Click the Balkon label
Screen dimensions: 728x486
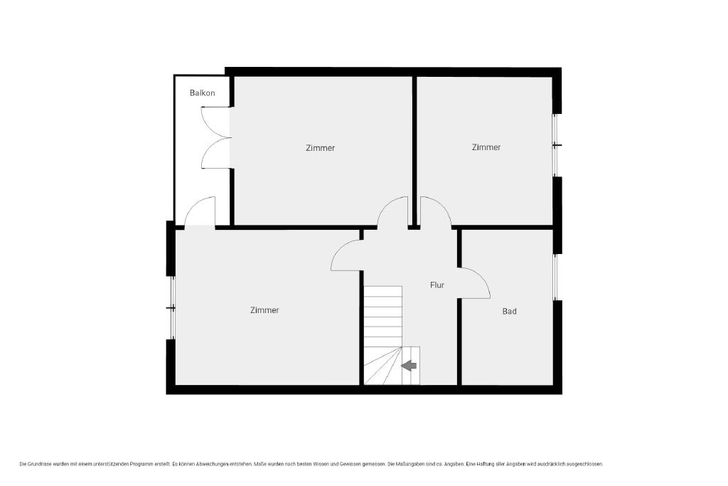click(x=203, y=93)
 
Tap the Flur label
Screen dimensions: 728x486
click(x=437, y=285)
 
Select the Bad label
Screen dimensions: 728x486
click(x=509, y=311)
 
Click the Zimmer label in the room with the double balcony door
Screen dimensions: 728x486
click(x=321, y=148)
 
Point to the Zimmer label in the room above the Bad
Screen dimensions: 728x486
click(x=486, y=147)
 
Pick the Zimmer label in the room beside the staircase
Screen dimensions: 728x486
click(x=264, y=310)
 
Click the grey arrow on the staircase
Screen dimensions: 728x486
click(x=409, y=366)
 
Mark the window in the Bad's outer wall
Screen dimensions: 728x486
click(x=555, y=277)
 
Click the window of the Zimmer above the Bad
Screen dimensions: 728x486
click(x=555, y=145)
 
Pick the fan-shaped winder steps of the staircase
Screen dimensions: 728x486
click(x=382, y=366)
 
